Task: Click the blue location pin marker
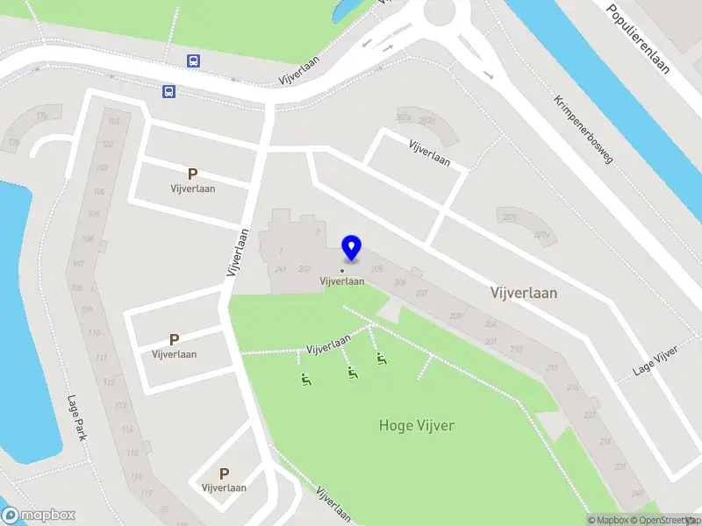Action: [351, 248]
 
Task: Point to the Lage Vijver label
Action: [656, 362]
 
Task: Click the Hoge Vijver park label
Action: [417, 425]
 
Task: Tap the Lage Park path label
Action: [78, 416]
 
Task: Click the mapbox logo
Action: [39, 515]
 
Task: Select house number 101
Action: [113, 122]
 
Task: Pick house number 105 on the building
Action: [99, 215]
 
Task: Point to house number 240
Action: [637, 494]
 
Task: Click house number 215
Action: [553, 368]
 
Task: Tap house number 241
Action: [281, 269]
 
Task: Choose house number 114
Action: [128, 429]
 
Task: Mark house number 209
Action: [455, 316]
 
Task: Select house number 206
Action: [400, 282]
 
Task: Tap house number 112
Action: [110, 382]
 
